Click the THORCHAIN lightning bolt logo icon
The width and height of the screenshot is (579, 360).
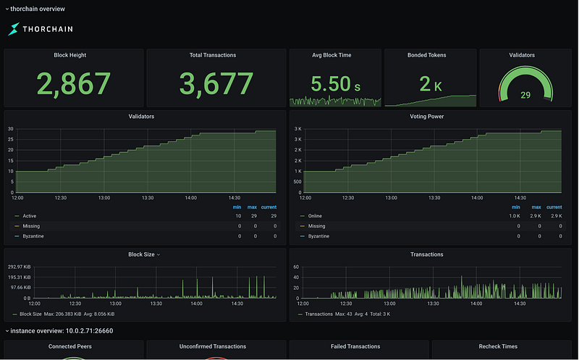[x=14, y=29]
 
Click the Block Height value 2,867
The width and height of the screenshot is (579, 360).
[x=74, y=84]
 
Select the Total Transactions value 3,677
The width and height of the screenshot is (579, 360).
[x=216, y=84]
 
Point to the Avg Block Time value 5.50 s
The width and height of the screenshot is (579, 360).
[x=335, y=83]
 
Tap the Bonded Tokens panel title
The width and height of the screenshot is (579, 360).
[x=426, y=55]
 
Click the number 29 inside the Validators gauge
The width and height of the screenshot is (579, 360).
[x=525, y=96]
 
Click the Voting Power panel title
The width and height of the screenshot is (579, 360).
[x=426, y=117]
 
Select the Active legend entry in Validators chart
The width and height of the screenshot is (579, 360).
[x=29, y=216]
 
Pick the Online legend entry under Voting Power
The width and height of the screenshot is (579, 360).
[x=315, y=216]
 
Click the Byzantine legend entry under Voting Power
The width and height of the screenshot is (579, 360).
[x=318, y=236]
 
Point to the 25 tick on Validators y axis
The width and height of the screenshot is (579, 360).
[x=11, y=139]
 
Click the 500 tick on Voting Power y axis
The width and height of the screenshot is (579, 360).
[x=297, y=182]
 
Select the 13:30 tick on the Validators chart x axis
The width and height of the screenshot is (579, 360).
[x=148, y=198]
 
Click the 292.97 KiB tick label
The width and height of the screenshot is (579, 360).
[x=20, y=267]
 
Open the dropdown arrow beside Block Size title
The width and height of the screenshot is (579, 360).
[x=159, y=255]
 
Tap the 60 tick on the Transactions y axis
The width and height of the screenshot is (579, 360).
[x=296, y=267]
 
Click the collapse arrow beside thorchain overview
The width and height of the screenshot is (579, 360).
[x=7, y=9]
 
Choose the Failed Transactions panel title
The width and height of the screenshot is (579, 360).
[x=355, y=346]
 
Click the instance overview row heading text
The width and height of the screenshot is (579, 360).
[x=62, y=331]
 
